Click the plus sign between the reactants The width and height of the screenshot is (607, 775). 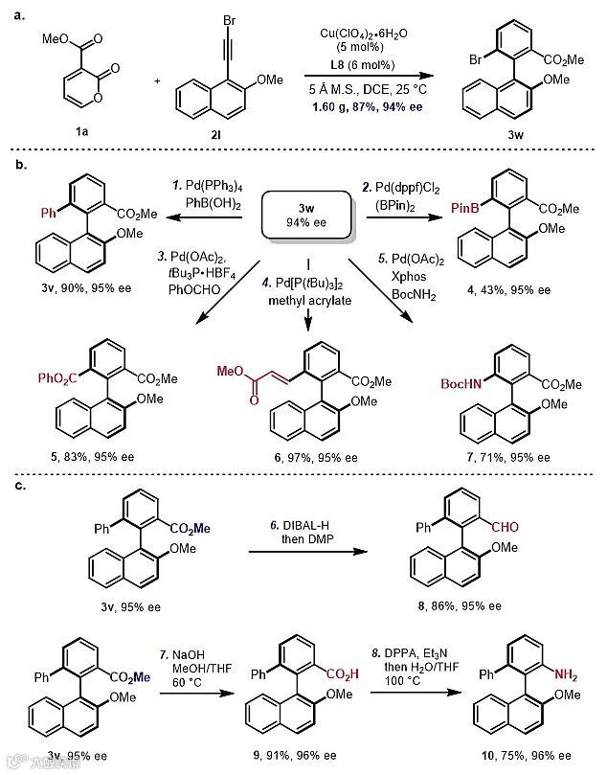coord(158,80)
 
